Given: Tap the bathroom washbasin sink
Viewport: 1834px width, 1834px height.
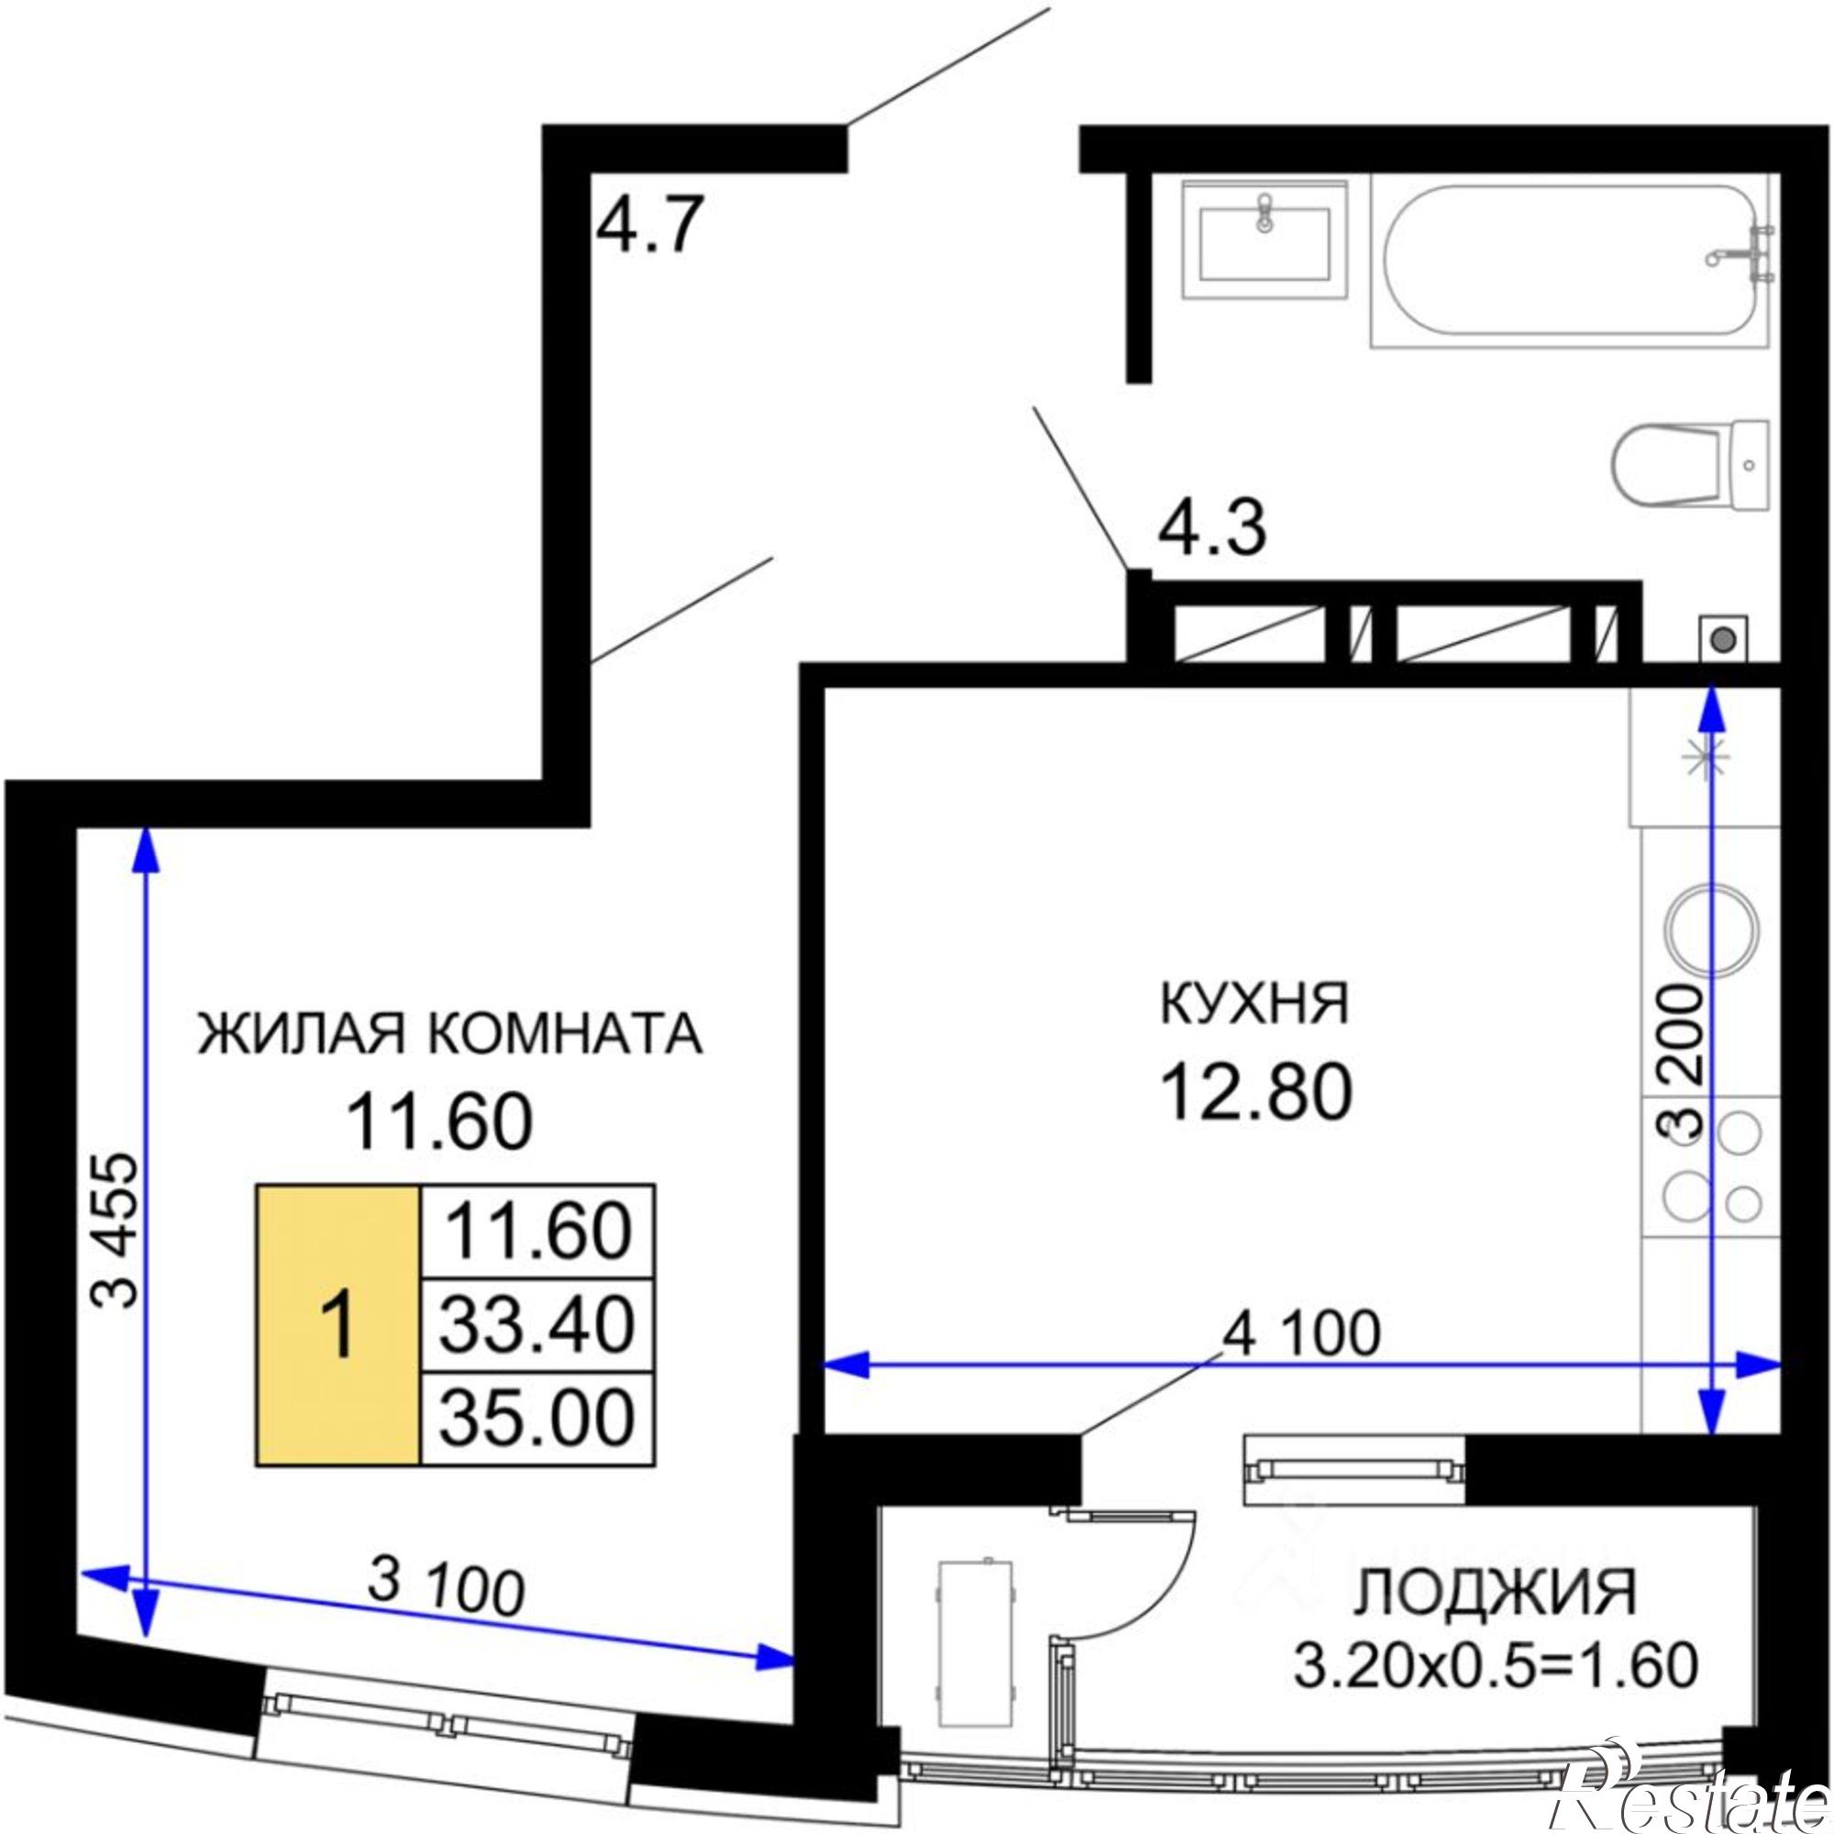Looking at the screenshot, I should click(1265, 241).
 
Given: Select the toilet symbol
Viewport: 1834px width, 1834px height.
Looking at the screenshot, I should click(1690, 466).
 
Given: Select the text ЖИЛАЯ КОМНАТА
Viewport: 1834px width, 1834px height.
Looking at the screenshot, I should click(450, 1034).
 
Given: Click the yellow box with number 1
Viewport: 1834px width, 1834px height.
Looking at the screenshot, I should click(338, 1325).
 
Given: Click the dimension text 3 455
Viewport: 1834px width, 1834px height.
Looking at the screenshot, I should click(116, 1232).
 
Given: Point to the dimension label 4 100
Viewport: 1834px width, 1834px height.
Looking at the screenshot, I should click(1300, 1334).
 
